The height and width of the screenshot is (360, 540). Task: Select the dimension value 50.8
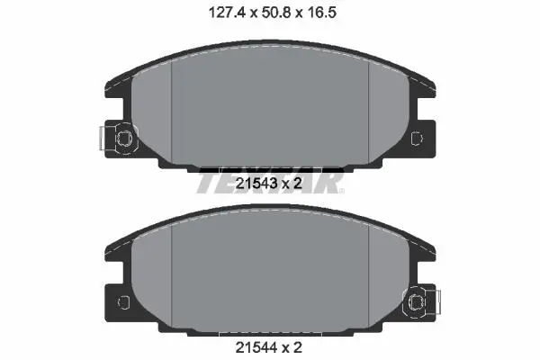click(x=276, y=13)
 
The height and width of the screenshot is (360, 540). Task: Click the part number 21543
click(x=256, y=184)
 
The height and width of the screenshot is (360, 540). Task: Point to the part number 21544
click(x=256, y=347)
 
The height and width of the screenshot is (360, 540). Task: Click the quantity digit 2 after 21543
click(x=298, y=184)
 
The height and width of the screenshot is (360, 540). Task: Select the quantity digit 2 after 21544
click(x=298, y=347)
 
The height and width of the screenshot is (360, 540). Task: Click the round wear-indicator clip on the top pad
click(x=124, y=139)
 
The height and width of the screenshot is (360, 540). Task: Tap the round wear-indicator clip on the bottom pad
click(x=415, y=302)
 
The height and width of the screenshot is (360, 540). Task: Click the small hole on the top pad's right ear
click(x=417, y=138)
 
